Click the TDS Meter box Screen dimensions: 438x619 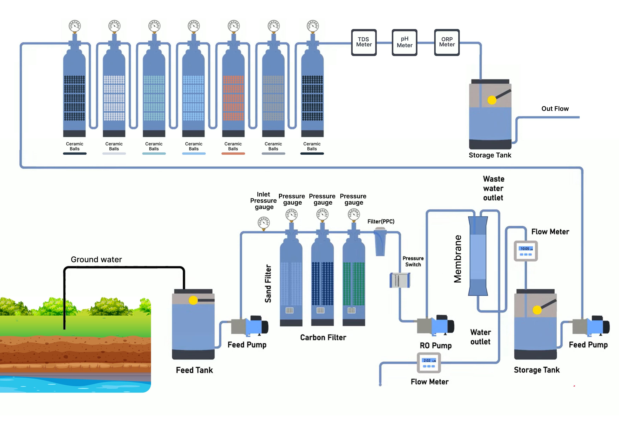364,42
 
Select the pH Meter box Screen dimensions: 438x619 404,42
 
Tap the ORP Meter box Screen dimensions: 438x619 447,42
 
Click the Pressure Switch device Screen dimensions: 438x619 400,280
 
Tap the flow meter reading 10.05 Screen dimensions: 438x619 526,251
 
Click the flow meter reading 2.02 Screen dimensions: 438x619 429,362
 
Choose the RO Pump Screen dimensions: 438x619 435,326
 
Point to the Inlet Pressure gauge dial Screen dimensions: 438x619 264,223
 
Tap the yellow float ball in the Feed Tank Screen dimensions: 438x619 193,300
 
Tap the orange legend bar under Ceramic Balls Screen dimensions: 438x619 233,153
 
